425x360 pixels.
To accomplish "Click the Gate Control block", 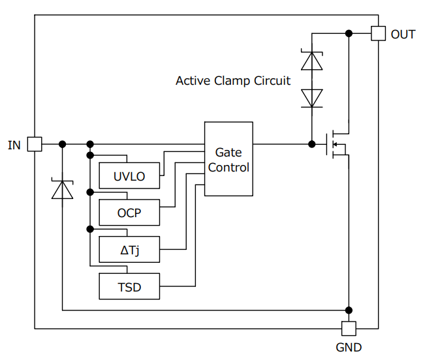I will (228, 159).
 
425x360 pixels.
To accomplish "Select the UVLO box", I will (129, 176).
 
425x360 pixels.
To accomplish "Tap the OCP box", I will (129, 213).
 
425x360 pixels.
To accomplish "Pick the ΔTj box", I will (129, 249).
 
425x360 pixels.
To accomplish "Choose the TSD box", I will (129, 286).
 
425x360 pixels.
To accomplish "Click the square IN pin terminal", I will (35, 144).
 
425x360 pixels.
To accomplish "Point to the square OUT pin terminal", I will (378, 33).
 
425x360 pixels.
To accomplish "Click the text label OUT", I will (403, 34).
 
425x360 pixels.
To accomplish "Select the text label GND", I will (349, 347).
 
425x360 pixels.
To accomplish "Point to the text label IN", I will (14, 145).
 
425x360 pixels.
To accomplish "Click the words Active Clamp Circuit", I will (233, 81).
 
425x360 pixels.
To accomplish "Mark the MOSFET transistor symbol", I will (337, 144).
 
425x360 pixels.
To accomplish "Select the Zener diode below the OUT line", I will (311, 61).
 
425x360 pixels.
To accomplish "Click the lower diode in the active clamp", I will (311, 98).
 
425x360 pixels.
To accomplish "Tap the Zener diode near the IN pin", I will (63, 189).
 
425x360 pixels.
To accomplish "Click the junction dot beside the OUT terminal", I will (349, 33).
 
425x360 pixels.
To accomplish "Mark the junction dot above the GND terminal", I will (349, 310).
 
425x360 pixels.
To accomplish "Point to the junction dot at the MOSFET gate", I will (311, 144).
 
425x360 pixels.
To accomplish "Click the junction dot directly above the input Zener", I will (63, 144).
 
